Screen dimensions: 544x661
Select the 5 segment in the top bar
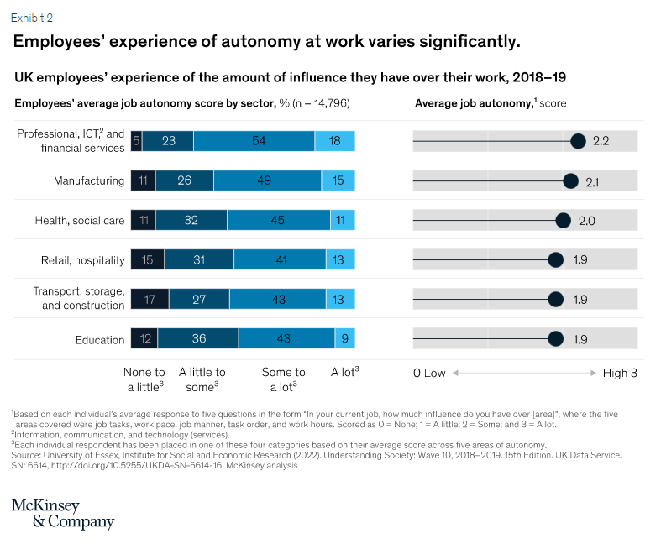tap(136, 141)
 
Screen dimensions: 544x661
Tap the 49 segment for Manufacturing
tap(267, 180)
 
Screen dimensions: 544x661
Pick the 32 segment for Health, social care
tap(191, 221)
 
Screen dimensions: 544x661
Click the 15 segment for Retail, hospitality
tap(147, 260)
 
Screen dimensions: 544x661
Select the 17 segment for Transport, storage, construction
tap(150, 300)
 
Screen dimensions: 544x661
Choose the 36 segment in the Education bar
tap(197, 339)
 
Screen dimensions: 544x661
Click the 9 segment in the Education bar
tap(345, 339)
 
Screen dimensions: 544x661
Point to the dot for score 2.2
tap(578, 141)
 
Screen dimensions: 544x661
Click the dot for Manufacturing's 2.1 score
tap(570, 180)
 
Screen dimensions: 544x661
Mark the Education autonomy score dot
tap(555, 339)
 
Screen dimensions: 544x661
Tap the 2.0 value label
tap(586, 221)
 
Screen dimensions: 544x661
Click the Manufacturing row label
tap(88, 180)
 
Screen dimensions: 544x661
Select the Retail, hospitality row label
tap(82, 260)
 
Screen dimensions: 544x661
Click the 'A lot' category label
tap(345, 373)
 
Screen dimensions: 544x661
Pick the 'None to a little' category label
tap(144, 379)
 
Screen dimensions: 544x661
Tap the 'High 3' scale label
tap(620, 373)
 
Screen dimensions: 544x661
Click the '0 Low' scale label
tap(429, 373)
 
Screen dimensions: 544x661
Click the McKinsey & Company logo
tap(62, 513)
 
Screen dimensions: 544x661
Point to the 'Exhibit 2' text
tap(31, 17)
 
